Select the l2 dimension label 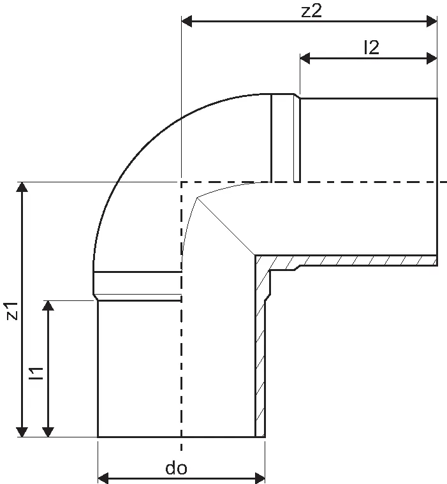[x=370, y=47]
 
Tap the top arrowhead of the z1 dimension [x=23, y=187]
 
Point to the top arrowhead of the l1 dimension [x=47, y=305]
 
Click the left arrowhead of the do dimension [x=103, y=477]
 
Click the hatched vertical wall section [x=260, y=357]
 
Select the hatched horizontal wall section [x=357, y=260]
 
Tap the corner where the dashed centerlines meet [x=182, y=182]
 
